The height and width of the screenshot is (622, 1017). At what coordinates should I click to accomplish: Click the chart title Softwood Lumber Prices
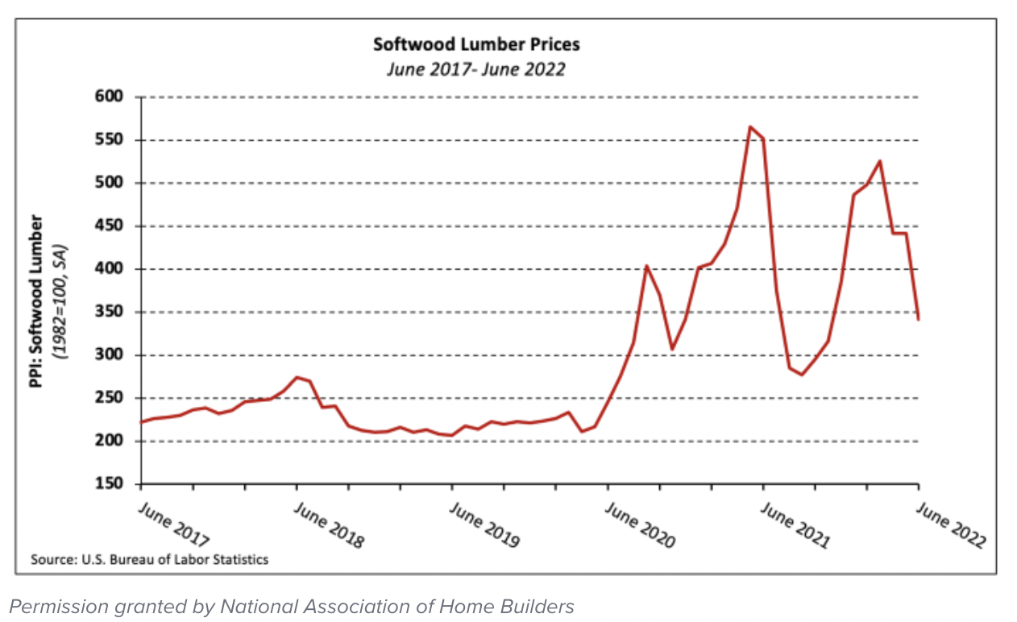click(x=475, y=44)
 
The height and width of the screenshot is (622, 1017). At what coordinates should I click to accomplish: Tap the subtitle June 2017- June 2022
click(x=475, y=68)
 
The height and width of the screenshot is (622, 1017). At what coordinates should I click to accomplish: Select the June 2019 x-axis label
click(x=484, y=525)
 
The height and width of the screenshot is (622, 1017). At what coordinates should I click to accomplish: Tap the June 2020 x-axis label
click(x=640, y=526)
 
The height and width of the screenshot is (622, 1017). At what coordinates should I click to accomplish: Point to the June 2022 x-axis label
click(x=951, y=526)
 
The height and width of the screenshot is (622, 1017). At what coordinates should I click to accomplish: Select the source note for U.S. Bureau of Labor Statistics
click(x=149, y=559)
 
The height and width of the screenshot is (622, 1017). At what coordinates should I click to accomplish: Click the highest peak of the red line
click(x=749, y=126)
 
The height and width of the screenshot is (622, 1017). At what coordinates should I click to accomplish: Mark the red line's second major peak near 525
click(x=879, y=161)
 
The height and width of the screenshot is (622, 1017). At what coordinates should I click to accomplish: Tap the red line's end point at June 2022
click(x=919, y=319)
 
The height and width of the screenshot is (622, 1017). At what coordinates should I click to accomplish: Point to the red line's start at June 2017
click(x=142, y=421)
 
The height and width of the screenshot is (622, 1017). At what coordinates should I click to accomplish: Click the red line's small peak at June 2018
click(x=297, y=377)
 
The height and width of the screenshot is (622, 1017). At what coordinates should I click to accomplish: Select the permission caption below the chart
click(x=293, y=606)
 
